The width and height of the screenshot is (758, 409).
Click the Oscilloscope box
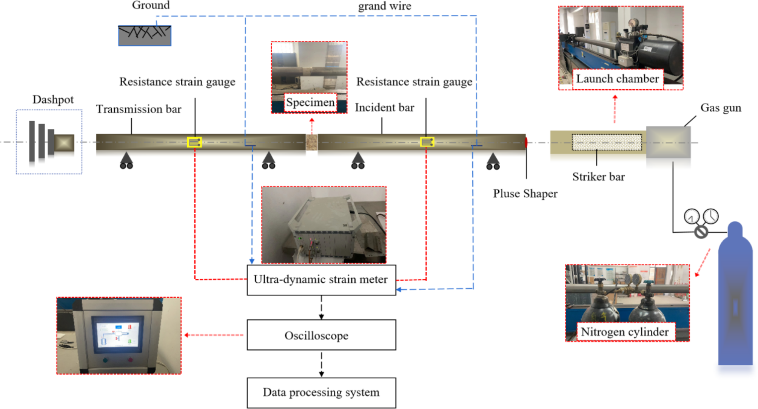pyautogui.click(x=321, y=335)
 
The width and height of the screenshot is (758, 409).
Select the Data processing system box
pyautogui.click(x=321, y=392)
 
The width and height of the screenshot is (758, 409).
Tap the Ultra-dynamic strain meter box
pyautogui.click(x=321, y=280)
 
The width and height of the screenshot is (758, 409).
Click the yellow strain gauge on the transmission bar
pyautogui.click(x=194, y=142)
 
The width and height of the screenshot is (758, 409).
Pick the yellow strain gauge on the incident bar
pyautogui.click(x=427, y=142)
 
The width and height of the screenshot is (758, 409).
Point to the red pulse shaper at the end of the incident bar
pyautogui.click(x=526, y=143)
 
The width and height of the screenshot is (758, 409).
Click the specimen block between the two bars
pyautogui.click(x=311, y=143)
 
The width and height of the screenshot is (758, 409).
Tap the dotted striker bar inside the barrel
pyautogui.click(x=607, y=143)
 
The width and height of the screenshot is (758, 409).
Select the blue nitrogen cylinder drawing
pyautogui.click(x=735, y=298)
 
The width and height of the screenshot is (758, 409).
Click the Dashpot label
pyautogui.click(x=53, y=100)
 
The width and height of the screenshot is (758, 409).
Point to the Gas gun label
pyautogui.click(x=720, y=108)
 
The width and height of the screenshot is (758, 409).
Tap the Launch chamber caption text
pyautogui.click(x=617, y=79)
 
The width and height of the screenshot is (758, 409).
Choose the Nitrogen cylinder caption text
pyautogui.click(x=625, y=332)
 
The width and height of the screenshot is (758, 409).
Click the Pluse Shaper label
pyautogui.click(x=525, y=194)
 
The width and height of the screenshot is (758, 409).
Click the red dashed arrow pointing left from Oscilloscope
pyautogui.click(x=214, y=335)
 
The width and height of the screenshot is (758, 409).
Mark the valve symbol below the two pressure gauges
pyautogui.click(x=701, y=232)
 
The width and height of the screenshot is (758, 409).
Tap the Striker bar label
pyautogui.click(x=598, y=177)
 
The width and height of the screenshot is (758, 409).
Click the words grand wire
pyautogui.click(x=384, y=6)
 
